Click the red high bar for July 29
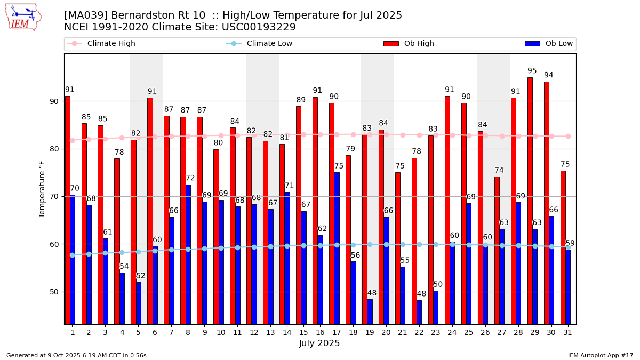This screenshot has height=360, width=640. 530,201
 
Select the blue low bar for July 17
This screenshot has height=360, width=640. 337,248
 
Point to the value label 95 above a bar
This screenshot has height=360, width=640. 532,71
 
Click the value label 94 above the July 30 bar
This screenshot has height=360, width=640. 548,75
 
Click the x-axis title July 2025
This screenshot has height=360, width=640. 319,343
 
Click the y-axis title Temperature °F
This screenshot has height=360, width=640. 43,189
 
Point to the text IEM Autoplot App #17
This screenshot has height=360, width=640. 600,355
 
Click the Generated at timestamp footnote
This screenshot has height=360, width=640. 76,355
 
